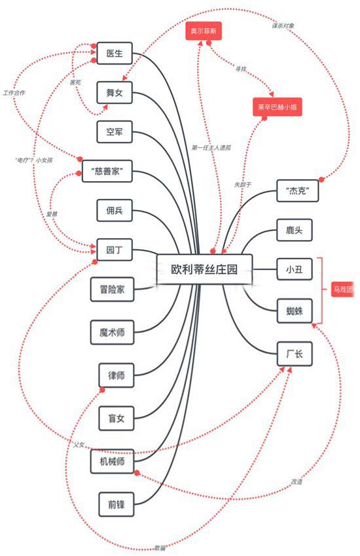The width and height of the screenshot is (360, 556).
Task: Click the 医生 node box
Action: click(115, 52)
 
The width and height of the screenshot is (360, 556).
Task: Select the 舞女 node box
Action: click(115, 92)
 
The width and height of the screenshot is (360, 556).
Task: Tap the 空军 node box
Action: click(115, 131)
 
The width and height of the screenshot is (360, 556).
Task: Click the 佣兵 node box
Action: click(115, 210)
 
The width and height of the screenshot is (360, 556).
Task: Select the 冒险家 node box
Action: click(112, 290)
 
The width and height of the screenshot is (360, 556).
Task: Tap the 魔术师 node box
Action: click(112, 332)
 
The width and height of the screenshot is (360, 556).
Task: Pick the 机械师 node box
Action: click(112, 461)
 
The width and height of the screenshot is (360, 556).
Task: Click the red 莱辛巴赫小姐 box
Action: click(279, 107)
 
